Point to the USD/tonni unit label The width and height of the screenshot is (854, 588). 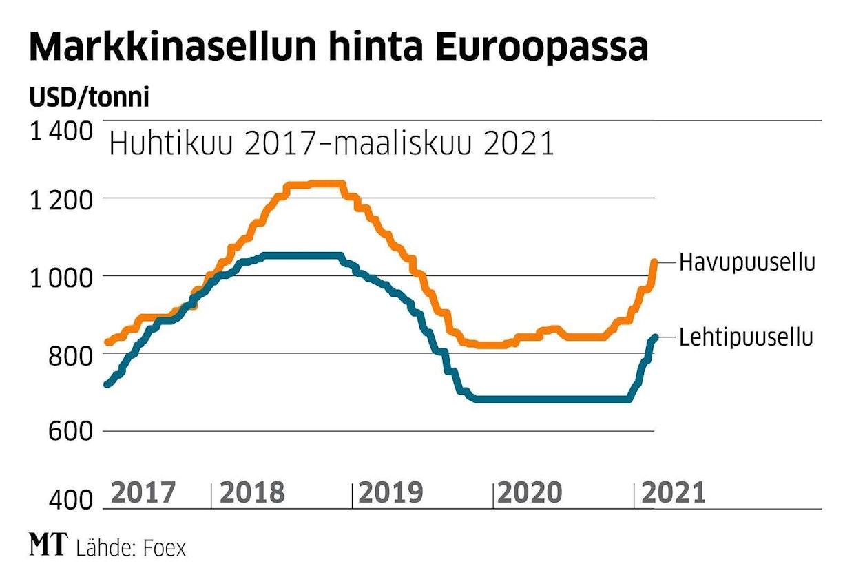coord(89,98)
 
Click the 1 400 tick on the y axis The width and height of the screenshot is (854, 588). coord(61,131)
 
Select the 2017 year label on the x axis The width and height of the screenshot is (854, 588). coord(143,493)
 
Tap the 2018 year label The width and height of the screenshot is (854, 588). coord(251,493)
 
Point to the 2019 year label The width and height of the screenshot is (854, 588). coord(391,493)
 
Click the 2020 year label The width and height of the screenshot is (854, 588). coord(530,493)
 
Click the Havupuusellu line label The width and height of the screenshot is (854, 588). coord(747,263)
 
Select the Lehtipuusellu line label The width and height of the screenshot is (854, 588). coord(746,337)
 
